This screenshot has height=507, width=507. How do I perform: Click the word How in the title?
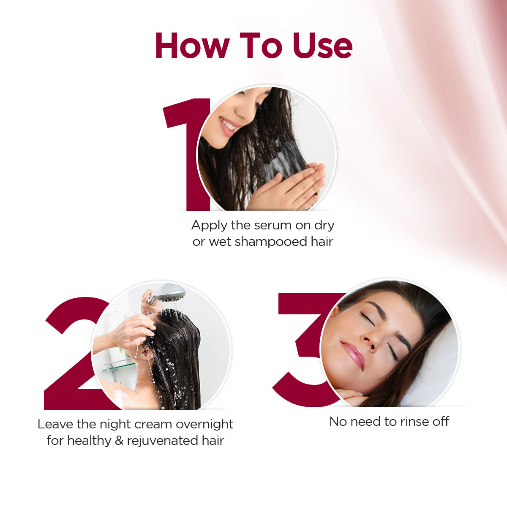click(x=192, y=45)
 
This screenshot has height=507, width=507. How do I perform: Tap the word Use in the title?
click(x=323, y=45)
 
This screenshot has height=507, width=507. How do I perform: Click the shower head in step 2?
click(x=169, y=292)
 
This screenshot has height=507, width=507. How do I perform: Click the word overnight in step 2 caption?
click(x=204, y=424)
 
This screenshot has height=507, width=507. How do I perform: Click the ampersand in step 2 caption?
click(x=119, y=441)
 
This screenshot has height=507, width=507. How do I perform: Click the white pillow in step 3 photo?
click(x=439, y=372)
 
